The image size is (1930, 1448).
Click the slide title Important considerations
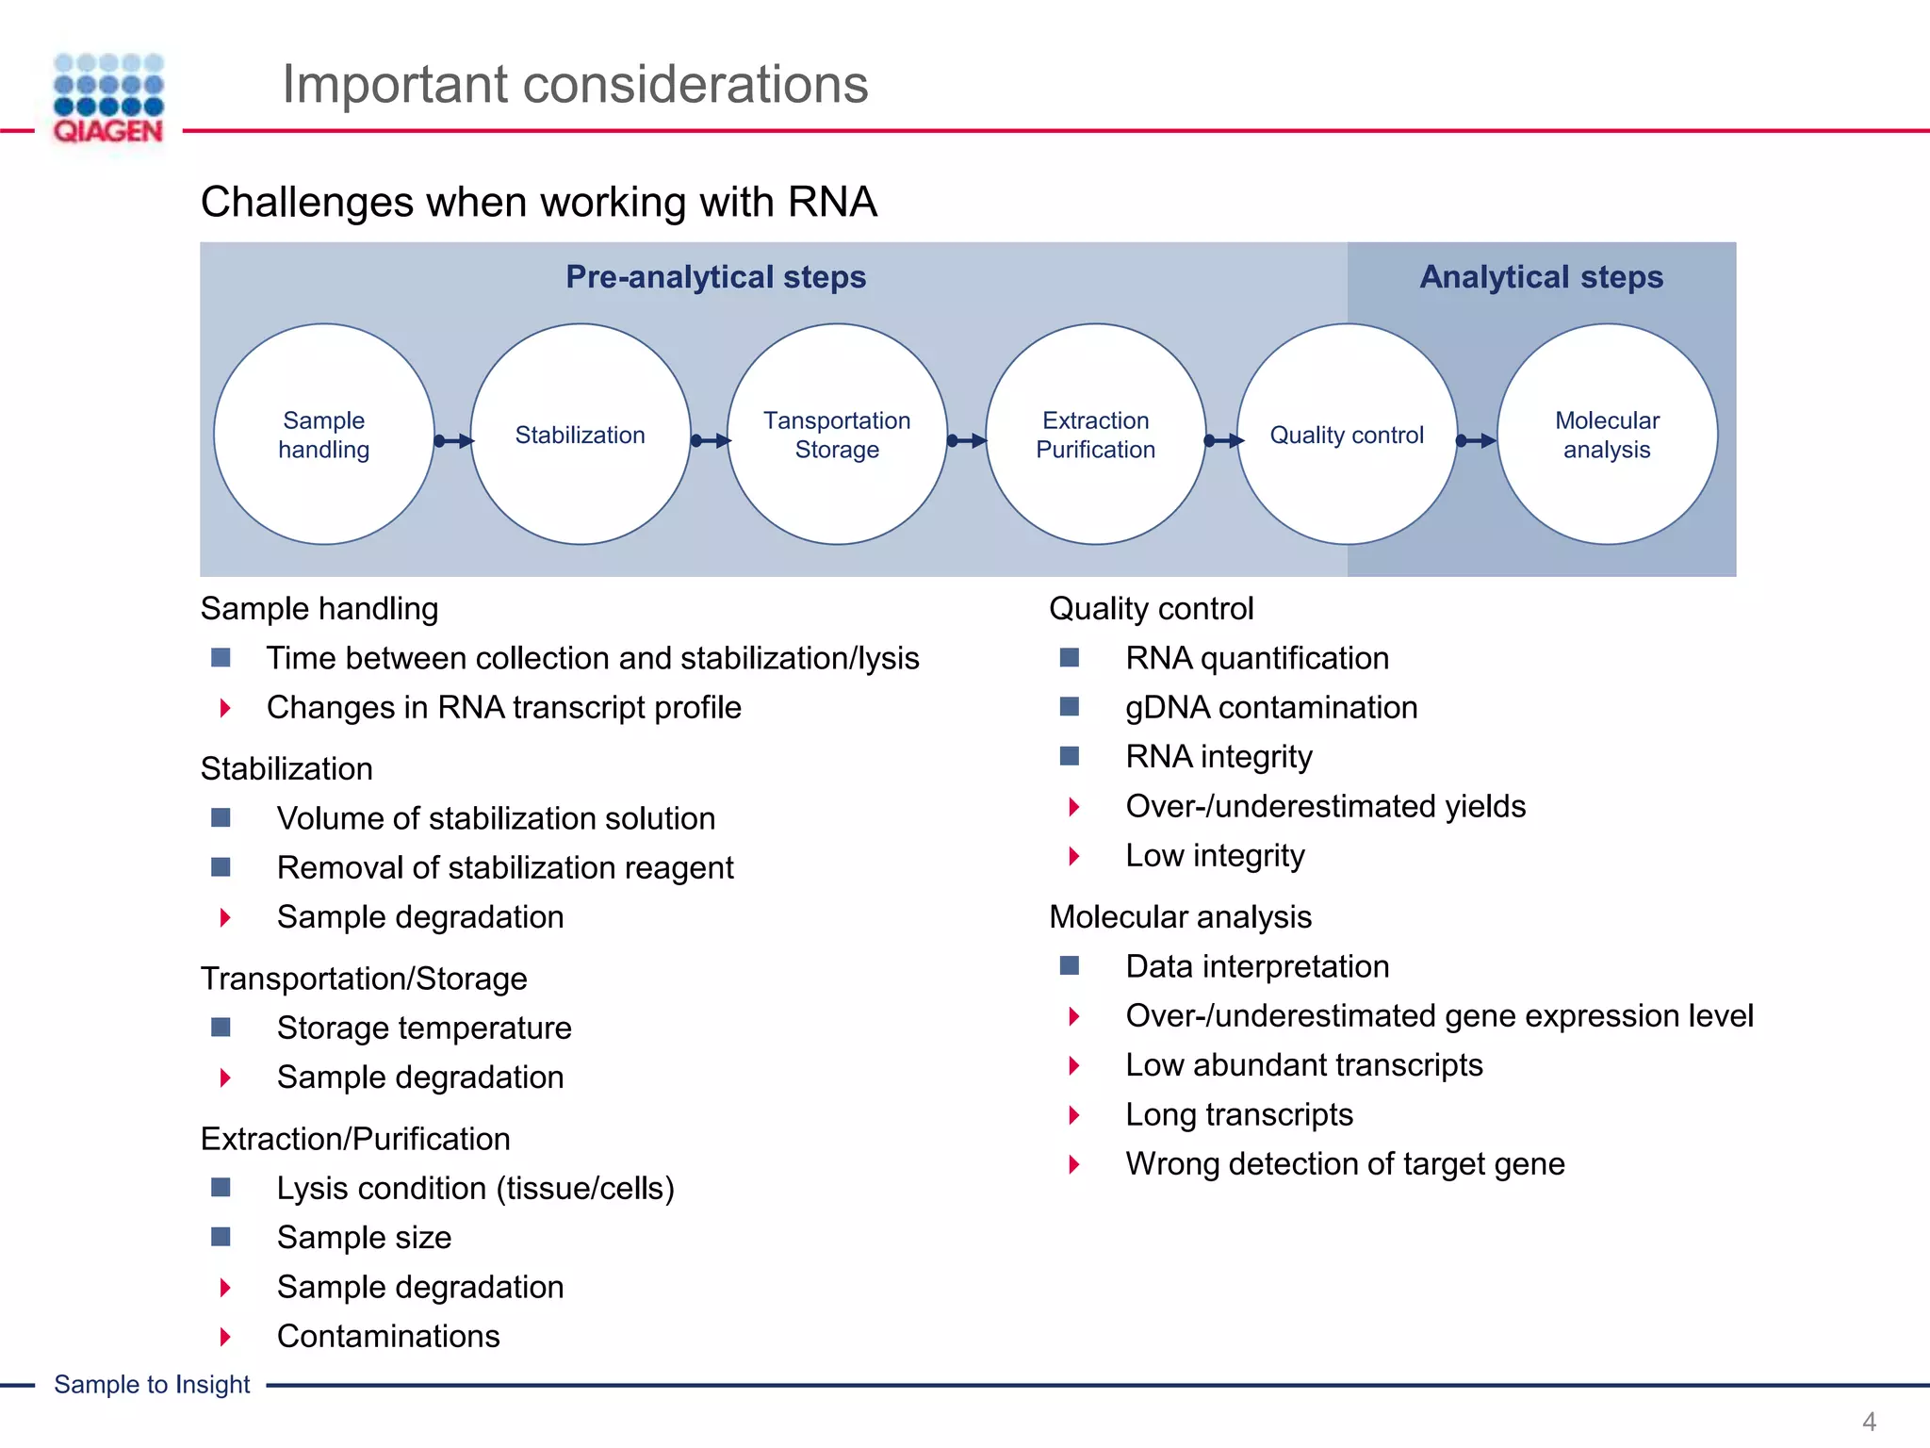[575, 84]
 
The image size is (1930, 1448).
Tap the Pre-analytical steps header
[715, 277]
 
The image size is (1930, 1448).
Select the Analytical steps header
[1541, 277]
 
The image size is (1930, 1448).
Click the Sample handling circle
[323, 435]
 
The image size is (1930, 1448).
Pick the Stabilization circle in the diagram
[581, 435]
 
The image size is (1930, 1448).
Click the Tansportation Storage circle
[837, 435]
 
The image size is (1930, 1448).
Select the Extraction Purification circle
[1095, 435]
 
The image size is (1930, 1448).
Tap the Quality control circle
[1347, 435]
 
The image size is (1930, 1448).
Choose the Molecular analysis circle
[1607, 435]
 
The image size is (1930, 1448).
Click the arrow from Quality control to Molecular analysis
[1477, 440]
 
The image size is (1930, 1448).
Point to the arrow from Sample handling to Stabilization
[453, 440]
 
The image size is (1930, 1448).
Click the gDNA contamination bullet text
[1270, 708]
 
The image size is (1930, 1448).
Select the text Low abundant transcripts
[1303, 1065]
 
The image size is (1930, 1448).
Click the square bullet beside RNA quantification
[1069, 658]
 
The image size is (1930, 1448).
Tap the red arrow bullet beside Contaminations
[225, 1337]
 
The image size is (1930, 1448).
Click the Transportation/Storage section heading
[364, 979]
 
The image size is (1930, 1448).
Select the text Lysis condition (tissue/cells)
[475, 1189]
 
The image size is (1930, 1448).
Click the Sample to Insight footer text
[152, 1385]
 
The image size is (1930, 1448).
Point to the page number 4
[1869, 1422]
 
